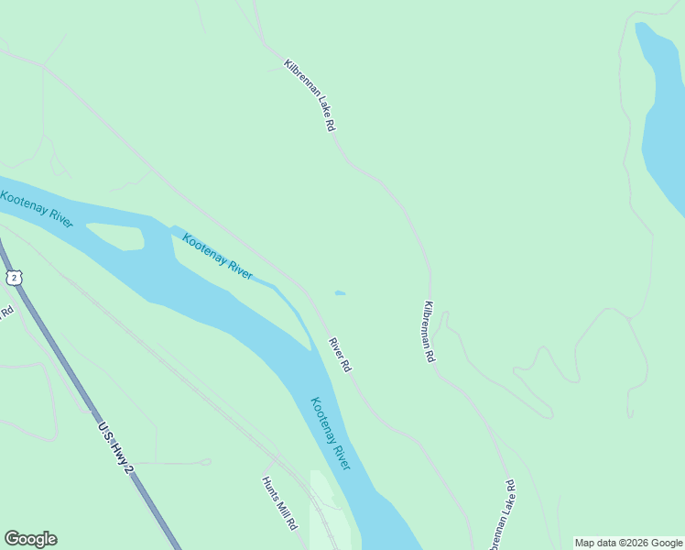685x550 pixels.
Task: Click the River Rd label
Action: tap(340, 355)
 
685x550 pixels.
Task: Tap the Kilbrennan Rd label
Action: tap(428, 332)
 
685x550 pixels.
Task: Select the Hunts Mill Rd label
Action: tap(279, 503)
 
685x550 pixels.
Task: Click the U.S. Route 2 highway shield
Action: tap(13, 277)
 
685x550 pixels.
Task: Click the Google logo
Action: tap(30, 539)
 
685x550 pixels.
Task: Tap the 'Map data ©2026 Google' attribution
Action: tap(629, 543)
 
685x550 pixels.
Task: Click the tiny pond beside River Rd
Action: tap(340, 293)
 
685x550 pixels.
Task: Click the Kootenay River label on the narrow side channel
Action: tap(217, 257)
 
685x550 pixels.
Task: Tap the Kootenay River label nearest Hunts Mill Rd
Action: tap(331, 433)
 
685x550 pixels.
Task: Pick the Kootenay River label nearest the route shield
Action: tap(37, 209)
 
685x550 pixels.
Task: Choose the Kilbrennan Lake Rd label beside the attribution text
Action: tap(502, 513)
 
